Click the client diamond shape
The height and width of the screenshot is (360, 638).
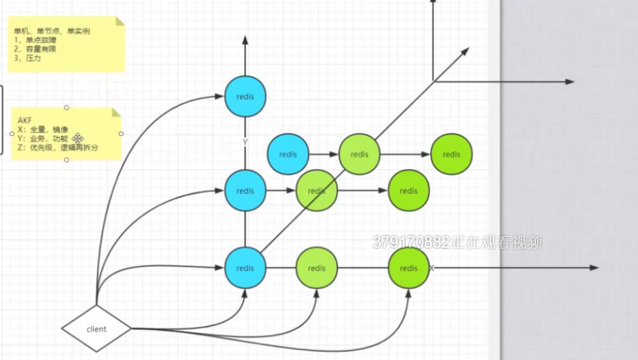pyautogui.click(x=96, y=329)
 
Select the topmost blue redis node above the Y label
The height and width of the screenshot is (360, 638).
pyautogui.click(x=245, y=96)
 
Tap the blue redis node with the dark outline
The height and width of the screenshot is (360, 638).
pyautogui.click(x=288, y=154)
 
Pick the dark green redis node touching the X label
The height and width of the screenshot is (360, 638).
pyautogui.click(x=409, y=268)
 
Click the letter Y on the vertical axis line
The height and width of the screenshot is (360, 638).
pyautogui.click(x=245, y=142)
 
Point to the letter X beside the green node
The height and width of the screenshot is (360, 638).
pyautogui.click(x=431, y=268)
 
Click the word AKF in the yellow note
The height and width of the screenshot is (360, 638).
pyautogui.click(x=25, y=121)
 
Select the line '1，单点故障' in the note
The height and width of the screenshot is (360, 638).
pyautogui.click(x=35, y=40)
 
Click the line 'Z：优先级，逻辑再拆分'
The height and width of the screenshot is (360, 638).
pyautogui.click(x=57, y=147)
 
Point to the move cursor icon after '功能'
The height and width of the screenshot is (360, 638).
pyautogui.click(x=78, y=138)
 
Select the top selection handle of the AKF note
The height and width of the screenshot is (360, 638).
pyautogui.click(x=67, y=108)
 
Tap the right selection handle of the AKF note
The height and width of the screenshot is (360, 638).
pyautogui.click(x=122, y=134)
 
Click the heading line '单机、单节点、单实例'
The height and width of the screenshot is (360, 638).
pyautogui.click(x=52, y=32)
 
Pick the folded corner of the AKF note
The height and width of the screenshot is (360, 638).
pyautogui.click(x=116, y=112)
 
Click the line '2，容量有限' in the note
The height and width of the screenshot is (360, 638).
pyautogui.click(x=35, y=48)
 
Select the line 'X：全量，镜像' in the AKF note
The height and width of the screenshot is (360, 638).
pyautogui.click(x=43, y=129)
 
